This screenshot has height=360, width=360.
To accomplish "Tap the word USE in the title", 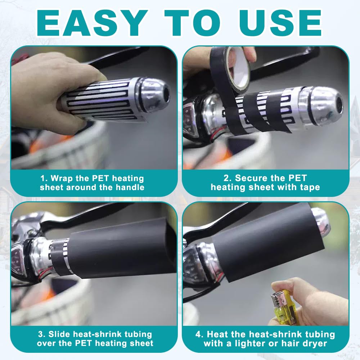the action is click(x=280, y=23).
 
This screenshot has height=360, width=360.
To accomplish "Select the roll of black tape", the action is click(x=230, y=69).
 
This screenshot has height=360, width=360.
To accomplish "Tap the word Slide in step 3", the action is click(x=59, y=334).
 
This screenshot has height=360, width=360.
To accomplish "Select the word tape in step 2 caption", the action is click(x=310, y=188).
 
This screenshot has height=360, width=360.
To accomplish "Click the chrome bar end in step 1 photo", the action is click(x=154, y=94).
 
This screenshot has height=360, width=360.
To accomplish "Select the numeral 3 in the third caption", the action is click(x=41, y=334).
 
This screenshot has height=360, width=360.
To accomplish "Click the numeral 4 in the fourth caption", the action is click(x=198, y=334).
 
